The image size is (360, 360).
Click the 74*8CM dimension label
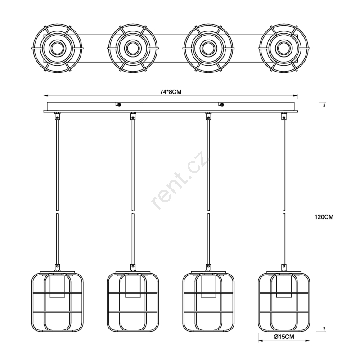click(171, 92)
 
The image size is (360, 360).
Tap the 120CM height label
click(324, 217)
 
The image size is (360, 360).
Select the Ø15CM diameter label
click(284, 337)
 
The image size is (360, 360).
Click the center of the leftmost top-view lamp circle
click(57, 49)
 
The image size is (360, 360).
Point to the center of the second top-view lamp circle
click(133, 49)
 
